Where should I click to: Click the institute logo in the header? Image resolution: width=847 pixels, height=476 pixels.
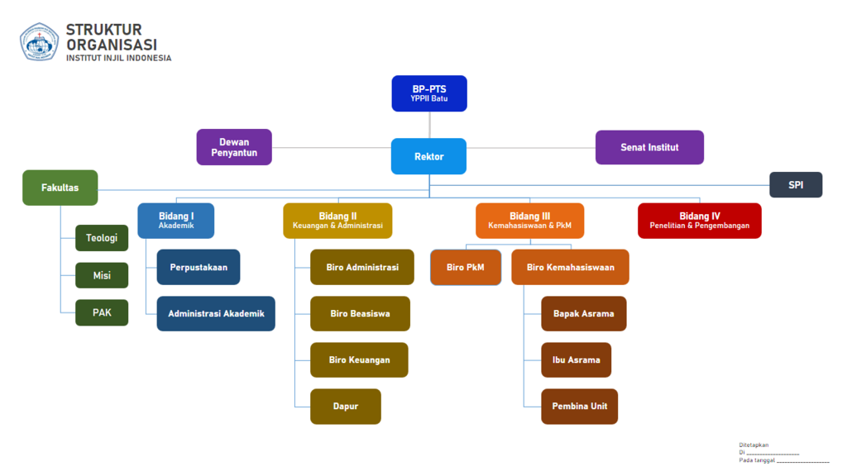point(39,42)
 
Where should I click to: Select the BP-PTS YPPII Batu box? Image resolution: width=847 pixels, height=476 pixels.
point(429,93)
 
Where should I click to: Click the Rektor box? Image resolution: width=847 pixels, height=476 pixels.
point(428,156)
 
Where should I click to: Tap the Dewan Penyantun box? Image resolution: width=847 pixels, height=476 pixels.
point(234,147)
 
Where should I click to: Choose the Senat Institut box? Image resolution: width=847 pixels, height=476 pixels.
point(649,147)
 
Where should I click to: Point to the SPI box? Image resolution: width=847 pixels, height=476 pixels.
point(796,184)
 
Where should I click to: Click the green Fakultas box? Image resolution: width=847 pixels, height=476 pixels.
point(60,188)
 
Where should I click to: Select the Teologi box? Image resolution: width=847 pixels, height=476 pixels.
point(102,238)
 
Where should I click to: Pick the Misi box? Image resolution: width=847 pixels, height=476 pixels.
point(102,275)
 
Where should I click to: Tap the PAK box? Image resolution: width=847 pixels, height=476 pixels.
point(102,312)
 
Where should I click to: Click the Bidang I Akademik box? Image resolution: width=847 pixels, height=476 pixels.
point(176,221)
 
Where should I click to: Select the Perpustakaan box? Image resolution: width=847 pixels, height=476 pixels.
point(199,267)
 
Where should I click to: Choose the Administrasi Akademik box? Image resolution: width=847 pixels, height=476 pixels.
point(216,313)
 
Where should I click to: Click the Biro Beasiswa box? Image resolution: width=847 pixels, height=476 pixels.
point(360,313)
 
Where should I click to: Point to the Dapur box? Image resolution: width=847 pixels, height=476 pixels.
point(346,407)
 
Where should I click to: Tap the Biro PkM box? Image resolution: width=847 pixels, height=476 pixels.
point(466,267)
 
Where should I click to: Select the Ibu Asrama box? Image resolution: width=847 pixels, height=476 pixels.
point(577,359)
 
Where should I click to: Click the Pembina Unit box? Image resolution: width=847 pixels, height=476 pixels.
point(580,406)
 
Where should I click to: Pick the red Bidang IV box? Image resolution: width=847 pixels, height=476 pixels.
point(700,221)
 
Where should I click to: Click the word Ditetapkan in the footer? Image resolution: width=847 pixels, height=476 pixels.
point(754,445)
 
